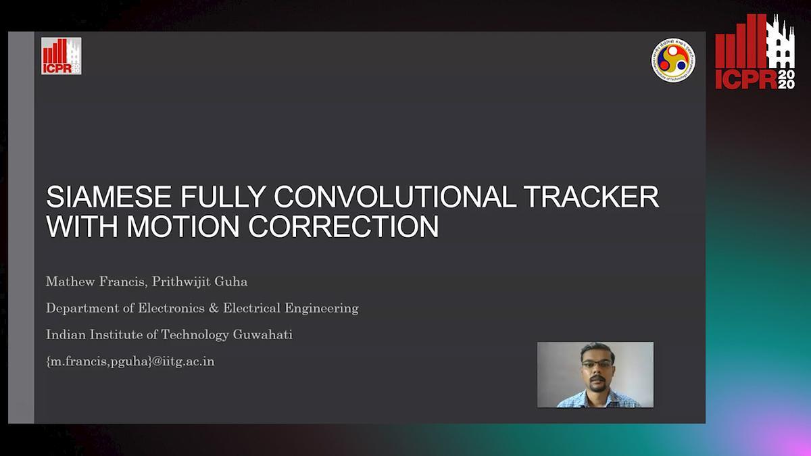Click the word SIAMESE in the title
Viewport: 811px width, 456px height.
point(109,197)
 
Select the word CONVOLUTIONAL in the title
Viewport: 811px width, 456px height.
point(395,197)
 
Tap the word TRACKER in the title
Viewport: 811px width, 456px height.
point(591,197)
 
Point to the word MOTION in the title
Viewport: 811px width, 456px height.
point(183,226)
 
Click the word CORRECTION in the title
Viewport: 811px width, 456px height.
point(343,226)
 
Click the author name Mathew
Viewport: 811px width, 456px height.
point(70,282)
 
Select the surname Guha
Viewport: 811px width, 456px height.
point(231,282)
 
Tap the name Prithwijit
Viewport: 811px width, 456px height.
point(180,282)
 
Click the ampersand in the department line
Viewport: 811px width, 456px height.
point(214,308)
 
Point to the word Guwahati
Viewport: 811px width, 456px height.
point(262,334)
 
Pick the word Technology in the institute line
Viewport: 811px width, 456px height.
point(195,335)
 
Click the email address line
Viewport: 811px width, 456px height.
point(130,361)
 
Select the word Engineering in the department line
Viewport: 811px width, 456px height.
point(322,309)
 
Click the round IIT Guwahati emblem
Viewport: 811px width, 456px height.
point(673,60)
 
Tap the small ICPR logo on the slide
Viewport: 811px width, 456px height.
point(62,56)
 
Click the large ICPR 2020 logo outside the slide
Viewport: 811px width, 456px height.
point(755,51)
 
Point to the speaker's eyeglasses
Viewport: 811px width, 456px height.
point(597,364)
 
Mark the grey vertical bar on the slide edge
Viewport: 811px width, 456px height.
point(21,227)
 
